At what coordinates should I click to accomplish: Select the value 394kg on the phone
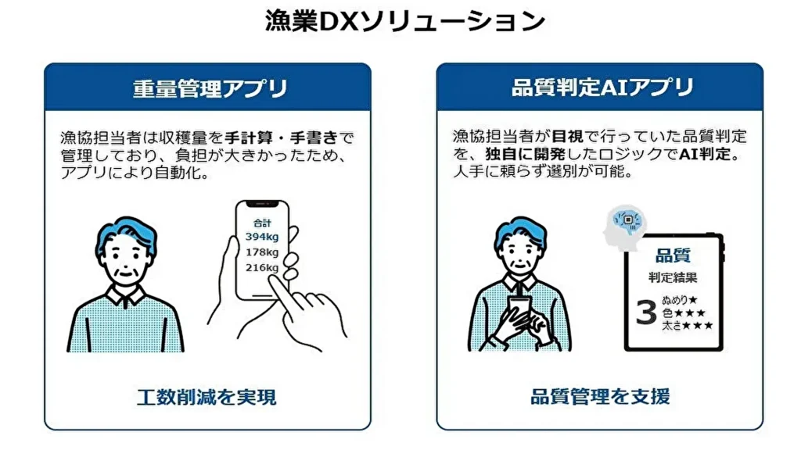tap(261, 237)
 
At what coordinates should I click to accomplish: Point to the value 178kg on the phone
tap(261, 252)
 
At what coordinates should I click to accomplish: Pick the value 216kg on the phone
tap(261, 268)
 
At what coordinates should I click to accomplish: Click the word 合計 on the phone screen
tap(261, 222)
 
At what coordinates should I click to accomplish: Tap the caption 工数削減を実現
tap(207, 397)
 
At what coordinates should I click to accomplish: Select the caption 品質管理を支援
tap(600, 397)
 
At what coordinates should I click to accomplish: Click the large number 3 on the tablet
tap(645, 312)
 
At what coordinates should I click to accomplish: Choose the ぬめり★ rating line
tap(680, 298)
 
